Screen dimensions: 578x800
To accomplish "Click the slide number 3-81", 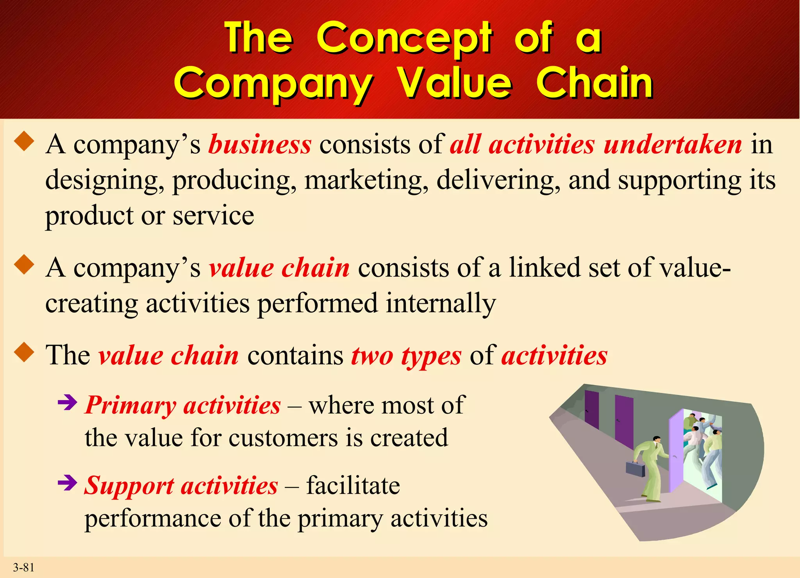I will (x=23, y=567).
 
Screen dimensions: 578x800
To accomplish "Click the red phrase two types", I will (x=406, y=356).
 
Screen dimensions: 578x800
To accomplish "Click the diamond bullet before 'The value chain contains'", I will (x=24, y=352).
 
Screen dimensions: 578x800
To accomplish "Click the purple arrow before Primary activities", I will (x=67, y=403).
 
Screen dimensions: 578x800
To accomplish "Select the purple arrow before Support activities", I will (x=67, y=483).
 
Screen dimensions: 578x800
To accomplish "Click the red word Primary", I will (x=130, y=405).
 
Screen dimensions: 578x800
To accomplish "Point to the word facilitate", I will (x=353, y=486).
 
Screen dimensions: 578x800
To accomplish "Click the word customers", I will (x=283, y=438).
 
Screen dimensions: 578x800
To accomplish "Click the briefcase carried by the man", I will (x=635, y=469).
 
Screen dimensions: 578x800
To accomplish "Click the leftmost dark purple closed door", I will (x=591, y=410).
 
